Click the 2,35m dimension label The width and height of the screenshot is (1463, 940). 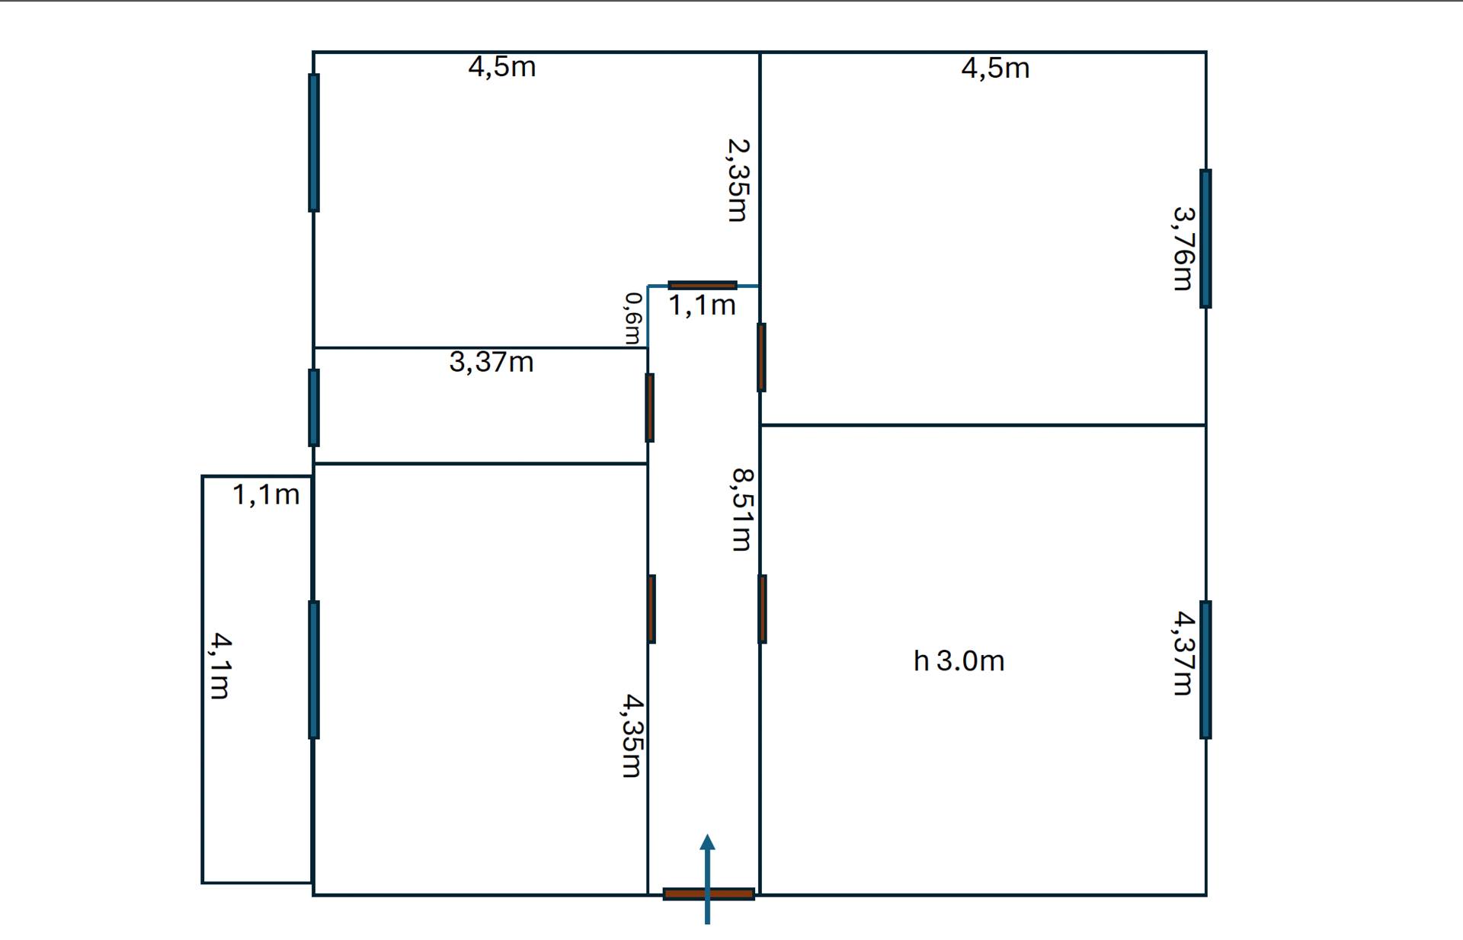point(738,180)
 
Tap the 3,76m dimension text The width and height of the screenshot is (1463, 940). point(1183,248)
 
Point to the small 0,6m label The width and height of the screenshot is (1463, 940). point(633,318)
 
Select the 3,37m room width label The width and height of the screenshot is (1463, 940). point(491,361)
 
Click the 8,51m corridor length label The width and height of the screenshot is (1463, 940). point(742,509)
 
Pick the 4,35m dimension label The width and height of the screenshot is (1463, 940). point(632,735)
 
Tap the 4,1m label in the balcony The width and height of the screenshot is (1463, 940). point(219,665)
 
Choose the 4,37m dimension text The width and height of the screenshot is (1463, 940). point(1183,653)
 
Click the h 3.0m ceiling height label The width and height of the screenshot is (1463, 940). point(959,660)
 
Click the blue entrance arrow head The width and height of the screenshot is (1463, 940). point(708,842)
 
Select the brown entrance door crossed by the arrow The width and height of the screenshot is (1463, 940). point(709,894)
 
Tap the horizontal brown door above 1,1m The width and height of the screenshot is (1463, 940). point(703,285)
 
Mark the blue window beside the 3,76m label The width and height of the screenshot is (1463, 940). point(1205,238)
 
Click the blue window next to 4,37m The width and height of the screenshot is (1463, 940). point(1205,670)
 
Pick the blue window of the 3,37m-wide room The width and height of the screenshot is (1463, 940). point(314,408)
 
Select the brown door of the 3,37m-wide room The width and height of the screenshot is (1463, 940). point(650,408)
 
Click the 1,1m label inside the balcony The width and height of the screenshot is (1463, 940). point(266,494)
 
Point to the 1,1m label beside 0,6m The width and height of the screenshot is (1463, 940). point(702,305)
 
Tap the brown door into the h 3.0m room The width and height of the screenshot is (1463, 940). point(762,609)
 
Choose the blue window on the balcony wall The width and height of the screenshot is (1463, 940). point(314,670)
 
